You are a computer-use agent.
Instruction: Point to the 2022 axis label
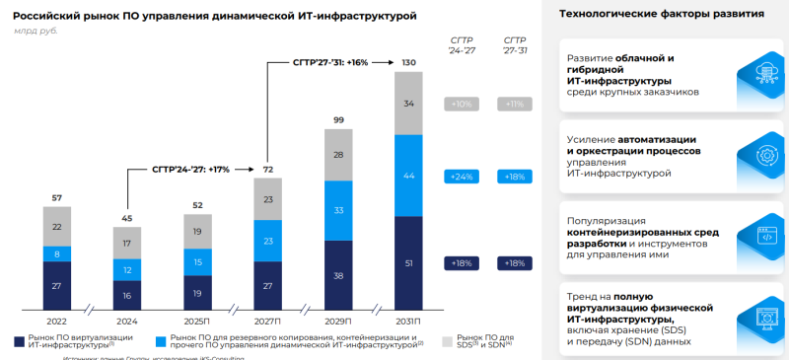tap(56, 322)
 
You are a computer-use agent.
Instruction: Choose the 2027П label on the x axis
tap(267, 322)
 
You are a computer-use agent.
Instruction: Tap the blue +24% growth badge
tap(462, 177)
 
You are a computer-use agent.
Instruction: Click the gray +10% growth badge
tap(462, 104)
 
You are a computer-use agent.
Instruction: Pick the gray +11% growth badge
tap(514, 104)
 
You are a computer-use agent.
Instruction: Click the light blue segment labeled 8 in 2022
tap(56, 253)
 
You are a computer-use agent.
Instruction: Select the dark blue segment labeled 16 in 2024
tap(127, 294)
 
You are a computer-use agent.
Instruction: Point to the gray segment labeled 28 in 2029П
tap(338, 155)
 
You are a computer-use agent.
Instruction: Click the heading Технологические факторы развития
tap(661, 15)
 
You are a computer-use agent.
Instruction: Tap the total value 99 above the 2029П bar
tap(338, 119)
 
